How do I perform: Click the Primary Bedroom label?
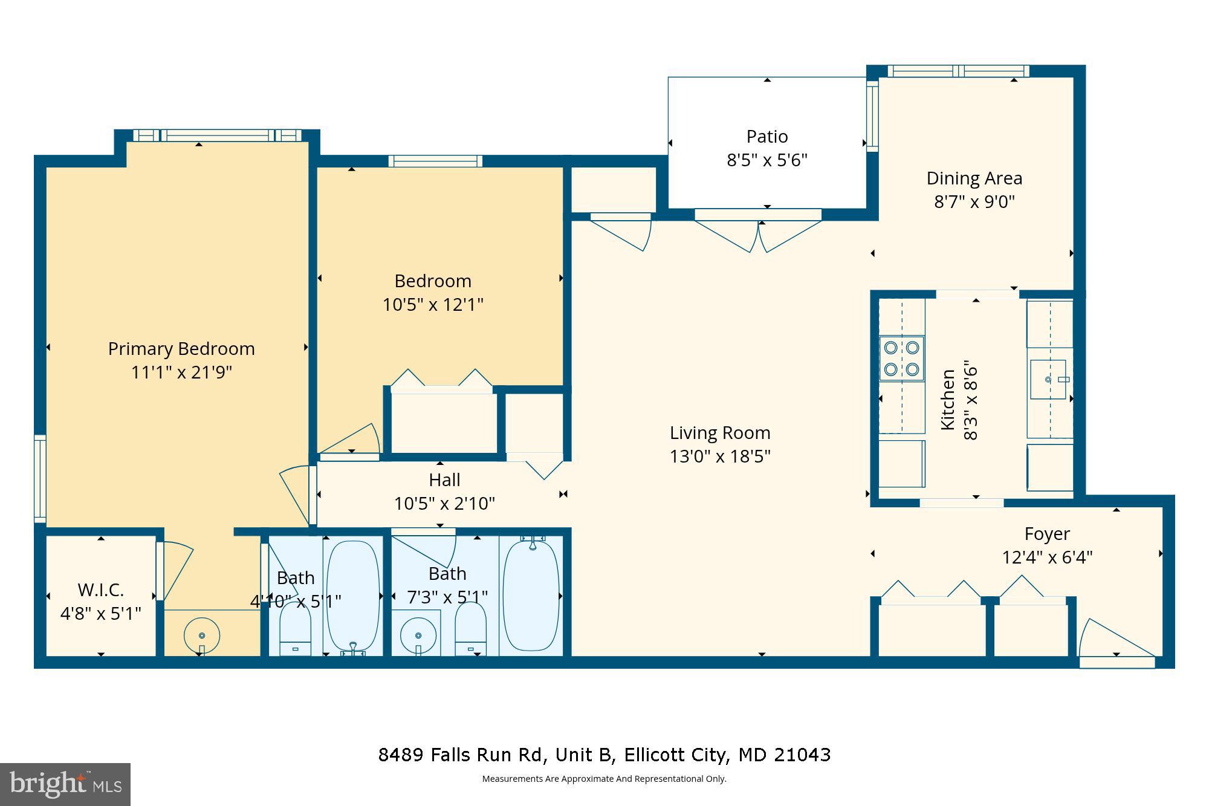181,349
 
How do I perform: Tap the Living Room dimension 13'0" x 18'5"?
719,456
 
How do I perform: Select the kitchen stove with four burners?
901,358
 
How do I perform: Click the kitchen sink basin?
1048,379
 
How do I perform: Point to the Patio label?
767,137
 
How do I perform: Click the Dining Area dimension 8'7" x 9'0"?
974,201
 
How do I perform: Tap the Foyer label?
1047,534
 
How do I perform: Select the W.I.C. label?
100,590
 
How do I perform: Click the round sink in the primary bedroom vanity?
201,635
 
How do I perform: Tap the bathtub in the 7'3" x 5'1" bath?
531,595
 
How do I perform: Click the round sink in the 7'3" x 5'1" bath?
418,635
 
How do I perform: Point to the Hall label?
444,480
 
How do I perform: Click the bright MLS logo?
65,785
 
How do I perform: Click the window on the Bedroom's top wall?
435,161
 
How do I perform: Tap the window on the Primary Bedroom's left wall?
40,478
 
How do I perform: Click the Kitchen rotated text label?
948,400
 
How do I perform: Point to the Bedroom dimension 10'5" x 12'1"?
433,305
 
